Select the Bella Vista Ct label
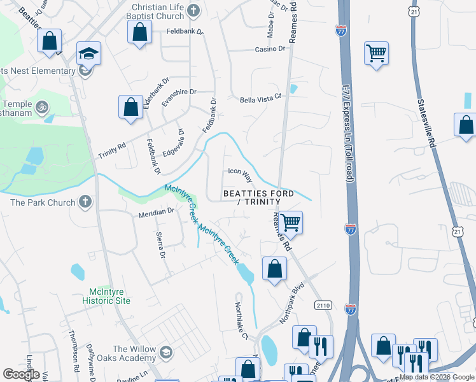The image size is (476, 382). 260,100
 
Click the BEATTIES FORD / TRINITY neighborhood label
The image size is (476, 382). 258,197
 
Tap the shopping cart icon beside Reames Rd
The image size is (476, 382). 290,222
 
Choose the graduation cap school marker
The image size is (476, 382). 88,54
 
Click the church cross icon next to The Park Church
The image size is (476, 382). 85,202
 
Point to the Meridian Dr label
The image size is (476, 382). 157,212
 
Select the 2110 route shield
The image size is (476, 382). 323,306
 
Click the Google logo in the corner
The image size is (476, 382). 21,374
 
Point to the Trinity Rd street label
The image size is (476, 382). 112,151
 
